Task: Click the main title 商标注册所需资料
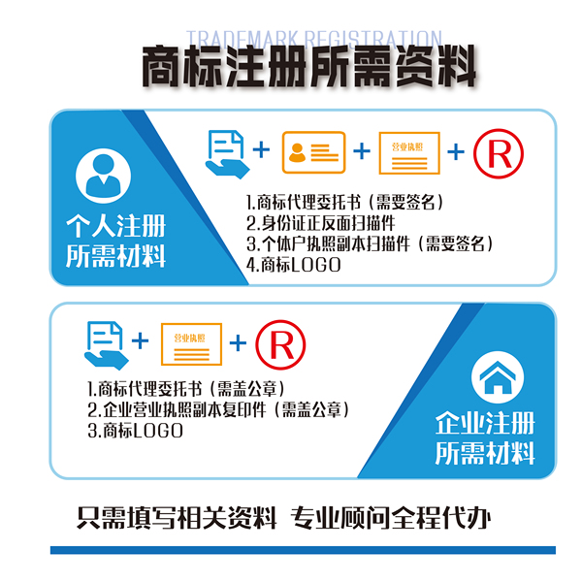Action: point(309,70)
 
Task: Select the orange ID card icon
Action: point(312,151)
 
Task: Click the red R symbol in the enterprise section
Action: point(279,341)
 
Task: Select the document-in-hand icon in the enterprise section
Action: point(105,343)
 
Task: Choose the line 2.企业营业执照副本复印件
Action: point(217,409)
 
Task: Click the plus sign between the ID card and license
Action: point(361,151)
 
